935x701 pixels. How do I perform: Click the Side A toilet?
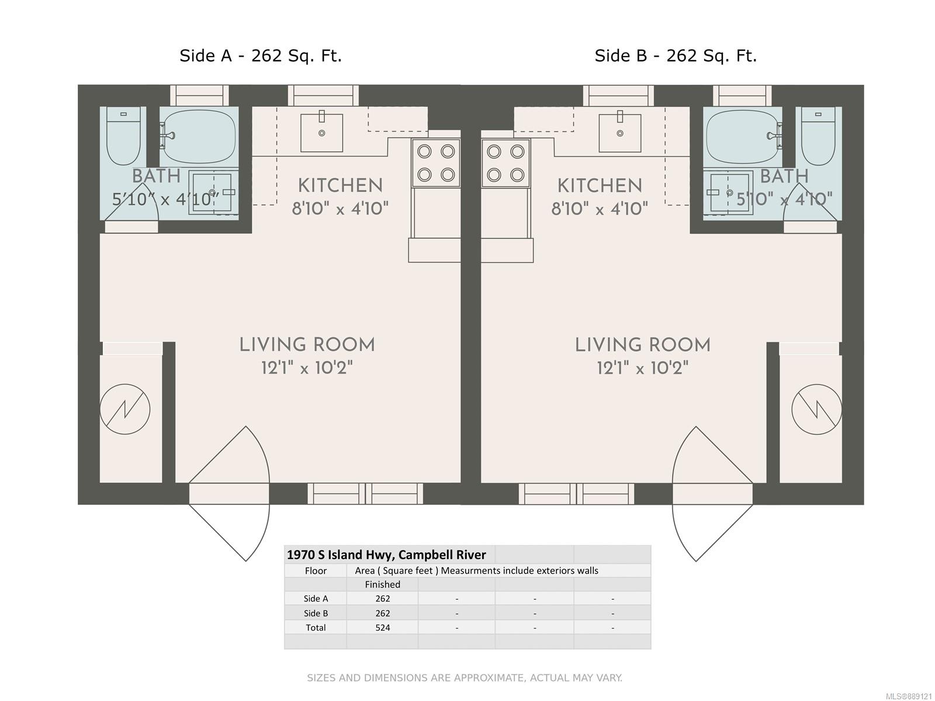(x=123, y=136)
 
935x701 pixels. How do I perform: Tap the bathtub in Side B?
(x=743, y=137)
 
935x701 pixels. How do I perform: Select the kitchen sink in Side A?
(x=321, y=133)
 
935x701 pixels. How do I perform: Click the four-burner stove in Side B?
(x=505, y=163)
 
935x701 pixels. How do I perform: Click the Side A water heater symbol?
(x=125, y=409)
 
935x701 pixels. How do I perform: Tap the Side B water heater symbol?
(x=816, y=409)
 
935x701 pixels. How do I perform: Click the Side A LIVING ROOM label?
(x=307, y=345)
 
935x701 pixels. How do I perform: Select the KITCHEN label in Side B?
(x=600, y=186)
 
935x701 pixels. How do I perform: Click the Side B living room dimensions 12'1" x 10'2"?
(x=642, y=368)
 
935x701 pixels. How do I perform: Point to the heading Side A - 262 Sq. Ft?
(x=260, y=55)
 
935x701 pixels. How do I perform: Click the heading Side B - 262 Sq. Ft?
(x=676, y=55)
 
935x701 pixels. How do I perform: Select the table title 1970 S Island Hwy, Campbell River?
(x=386, y=554)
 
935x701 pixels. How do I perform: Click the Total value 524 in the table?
(x=383, y=627)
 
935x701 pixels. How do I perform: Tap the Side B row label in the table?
(x=316, y=613)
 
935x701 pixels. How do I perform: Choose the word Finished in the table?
(x=383, y=584)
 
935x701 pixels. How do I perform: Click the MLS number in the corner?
(x=909, y=696)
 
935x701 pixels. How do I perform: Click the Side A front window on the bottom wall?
(x=365, y=494)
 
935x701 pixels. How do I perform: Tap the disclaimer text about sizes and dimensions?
(x=465, y=678)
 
